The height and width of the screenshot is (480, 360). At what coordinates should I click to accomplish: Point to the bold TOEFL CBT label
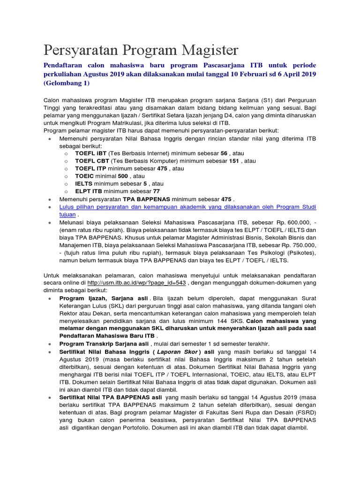coord(91,161)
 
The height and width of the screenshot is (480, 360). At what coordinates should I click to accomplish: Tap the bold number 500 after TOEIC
coord(123,176)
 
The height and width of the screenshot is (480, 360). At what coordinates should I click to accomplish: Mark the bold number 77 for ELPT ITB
coord(156,191)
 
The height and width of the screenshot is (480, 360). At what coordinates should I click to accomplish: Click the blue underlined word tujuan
coord(67,214)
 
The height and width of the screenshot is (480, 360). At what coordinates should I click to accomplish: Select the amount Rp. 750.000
coord(299,245)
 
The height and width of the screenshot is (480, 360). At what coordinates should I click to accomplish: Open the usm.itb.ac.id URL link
coord(136,283)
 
